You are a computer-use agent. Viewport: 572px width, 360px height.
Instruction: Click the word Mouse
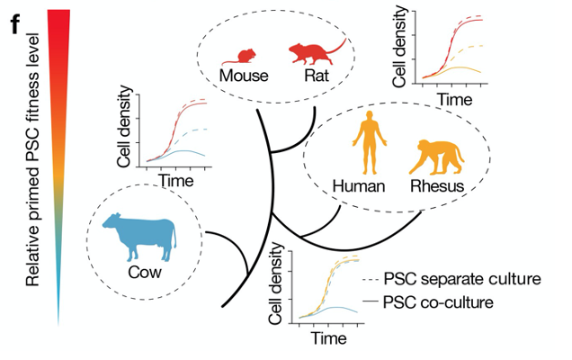242,77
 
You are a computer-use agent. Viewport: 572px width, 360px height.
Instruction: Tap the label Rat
316,77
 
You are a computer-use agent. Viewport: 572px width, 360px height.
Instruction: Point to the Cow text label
138,273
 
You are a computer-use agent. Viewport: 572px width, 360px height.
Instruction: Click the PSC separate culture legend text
461,278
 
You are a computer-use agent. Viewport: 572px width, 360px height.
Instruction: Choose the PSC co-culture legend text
438,301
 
